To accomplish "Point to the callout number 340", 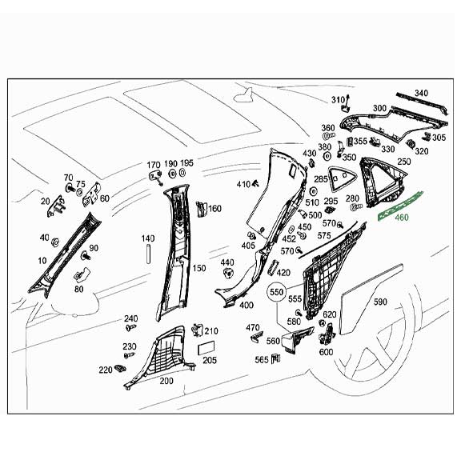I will click(421, 94).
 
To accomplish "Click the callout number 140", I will click(147, 238).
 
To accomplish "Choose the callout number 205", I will click(210, 360).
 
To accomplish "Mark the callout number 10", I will click(41, 262).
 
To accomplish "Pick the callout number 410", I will click(243, 185).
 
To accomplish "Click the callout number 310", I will click(337, 99).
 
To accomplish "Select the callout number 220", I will click(105, 370).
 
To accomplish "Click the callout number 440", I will click(227, 262).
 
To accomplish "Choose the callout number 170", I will click(153, 164).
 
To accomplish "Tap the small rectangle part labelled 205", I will click(206, 346).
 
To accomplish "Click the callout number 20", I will click(44, 202).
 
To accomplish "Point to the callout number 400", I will click(246, 305).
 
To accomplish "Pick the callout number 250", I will click(403, 162).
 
